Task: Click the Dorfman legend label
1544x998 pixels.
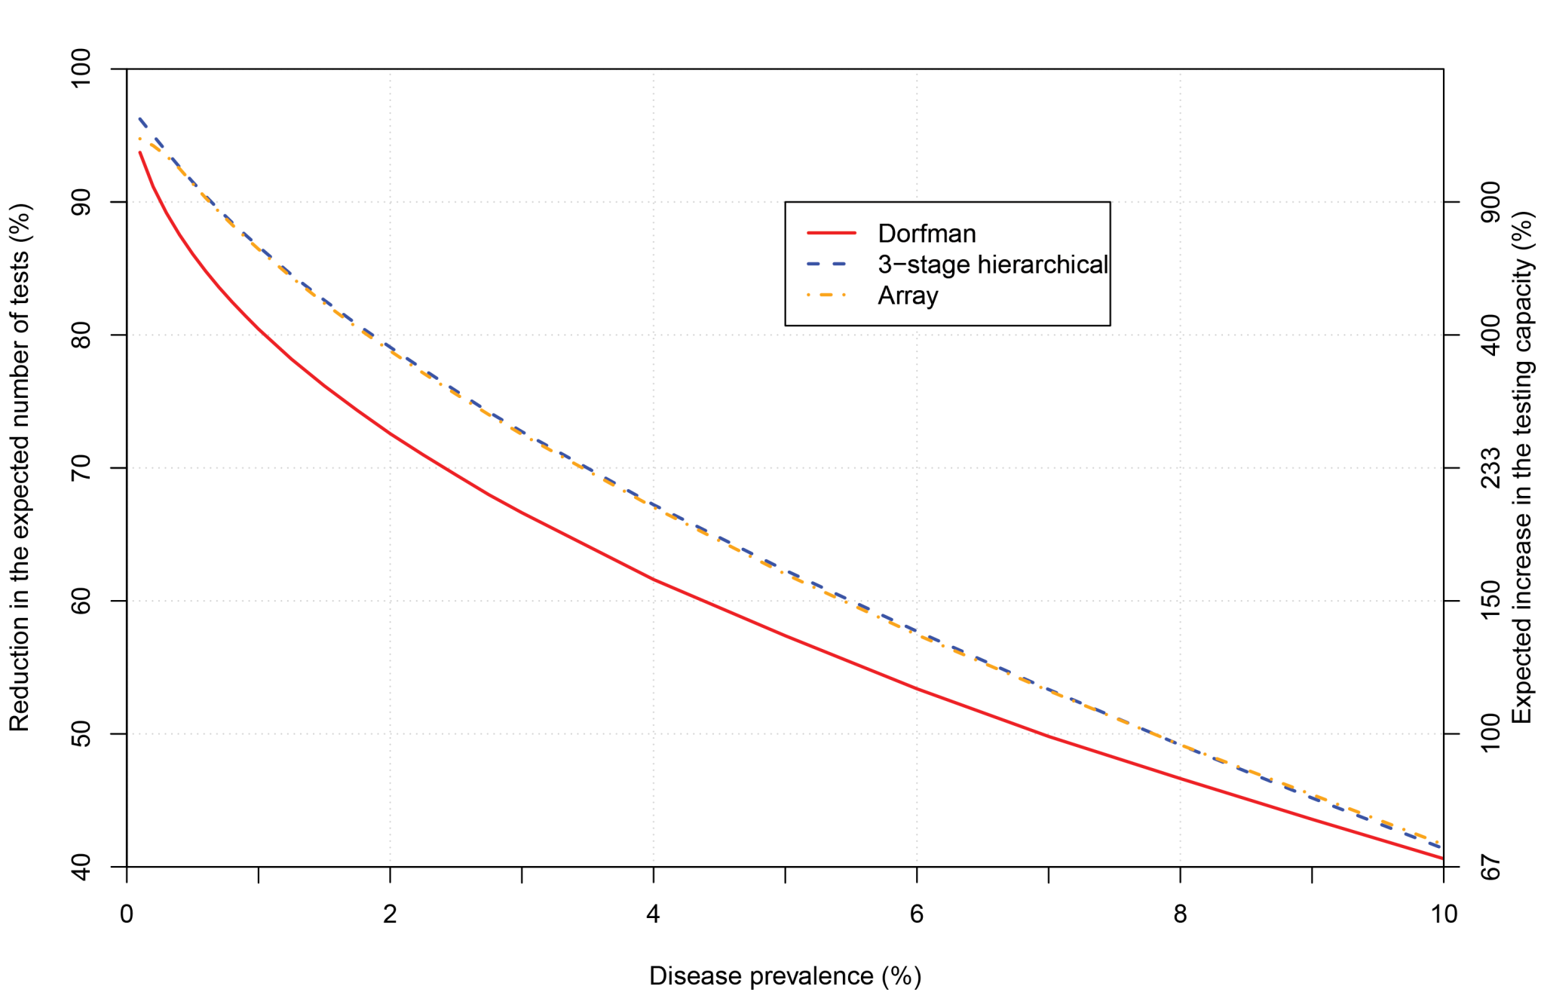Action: (x=927, y=234)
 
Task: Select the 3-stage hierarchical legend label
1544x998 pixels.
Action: (x=992, y=265)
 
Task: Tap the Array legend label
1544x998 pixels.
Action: (x=908, y=295)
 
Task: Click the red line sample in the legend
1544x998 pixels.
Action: (x=832, y=234)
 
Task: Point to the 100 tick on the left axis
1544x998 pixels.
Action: (x=81, y=69)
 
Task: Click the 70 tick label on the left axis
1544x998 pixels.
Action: (x=81, y=468)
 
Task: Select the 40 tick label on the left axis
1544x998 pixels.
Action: (x=81, y=867)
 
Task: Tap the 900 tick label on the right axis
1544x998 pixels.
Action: (x=1490, y=202)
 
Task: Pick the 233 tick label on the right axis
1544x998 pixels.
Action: (x=1490, y=468)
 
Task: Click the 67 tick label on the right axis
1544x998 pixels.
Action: (x=1490, y=867)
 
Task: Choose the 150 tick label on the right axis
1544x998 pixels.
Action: (x=1490, y=601)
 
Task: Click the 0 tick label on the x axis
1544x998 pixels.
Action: (x=127, y=914)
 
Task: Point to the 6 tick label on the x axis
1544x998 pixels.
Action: (x=917, y=914)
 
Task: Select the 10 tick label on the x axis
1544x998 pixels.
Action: (x=1444, y=914)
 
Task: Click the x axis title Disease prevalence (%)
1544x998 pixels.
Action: (x=785, y=976)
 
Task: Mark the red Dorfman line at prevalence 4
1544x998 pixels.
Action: (x=654, y=579)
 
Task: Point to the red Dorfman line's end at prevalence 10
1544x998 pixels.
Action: (x=1441, y=858)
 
